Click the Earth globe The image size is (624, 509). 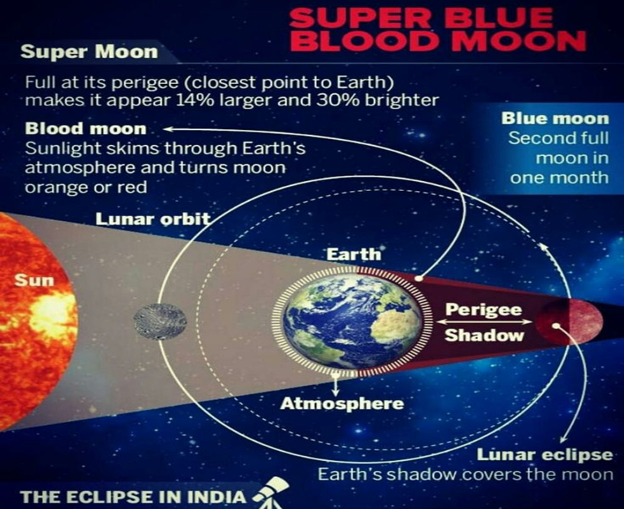coord(352,322)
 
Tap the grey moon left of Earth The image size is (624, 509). coord(160,322)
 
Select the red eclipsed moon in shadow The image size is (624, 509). coord(569,322)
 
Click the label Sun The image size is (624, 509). coord(34,280)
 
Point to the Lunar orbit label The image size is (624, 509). coord(153,219)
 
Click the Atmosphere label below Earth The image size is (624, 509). coord(342,404)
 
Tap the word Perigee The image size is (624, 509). coord(483,310)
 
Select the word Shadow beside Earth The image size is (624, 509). coord(484,335)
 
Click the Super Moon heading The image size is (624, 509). coord(89,52)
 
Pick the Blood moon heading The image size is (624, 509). coord(86,128)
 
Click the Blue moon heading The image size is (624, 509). coord(555,118)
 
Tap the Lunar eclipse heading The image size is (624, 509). coord(545,455)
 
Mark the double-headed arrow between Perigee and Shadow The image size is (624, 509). coord(484,323)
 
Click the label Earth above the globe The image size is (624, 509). coord(354,254)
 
